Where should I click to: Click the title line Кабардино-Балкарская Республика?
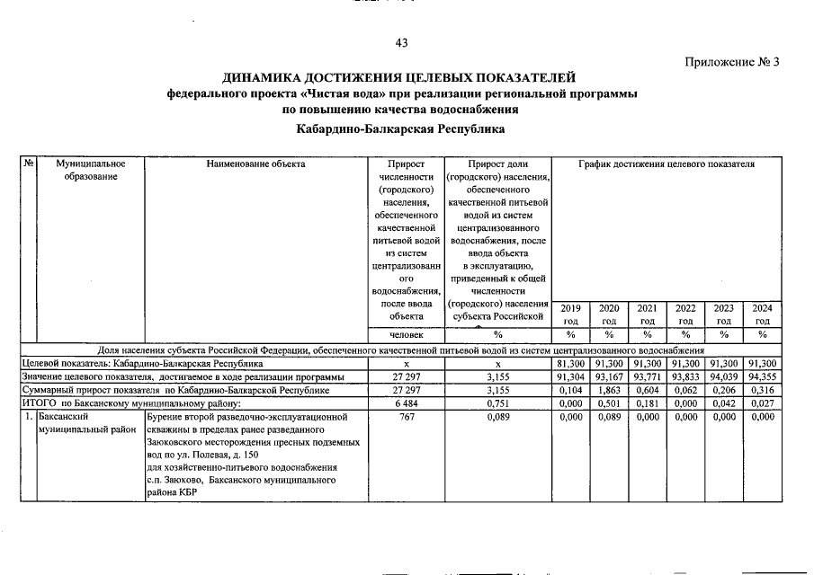401,129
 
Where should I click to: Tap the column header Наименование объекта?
255,164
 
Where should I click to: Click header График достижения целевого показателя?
666,164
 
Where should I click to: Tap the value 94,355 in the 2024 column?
762,377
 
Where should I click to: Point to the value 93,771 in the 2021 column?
647,377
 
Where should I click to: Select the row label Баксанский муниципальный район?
79,424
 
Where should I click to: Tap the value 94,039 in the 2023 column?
723,377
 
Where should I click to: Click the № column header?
29,164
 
